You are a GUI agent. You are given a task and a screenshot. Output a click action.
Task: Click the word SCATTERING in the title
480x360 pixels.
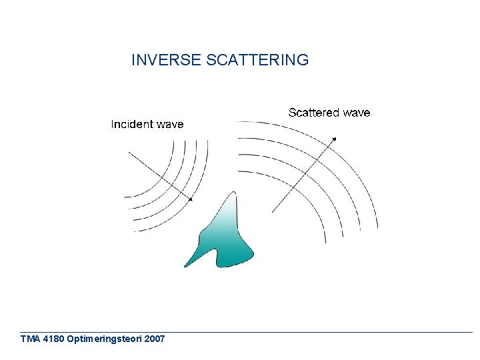pyautogui.click(x=258, y=60)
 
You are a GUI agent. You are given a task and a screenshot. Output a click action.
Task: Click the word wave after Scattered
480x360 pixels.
pyautogui.click(x=357, y=113)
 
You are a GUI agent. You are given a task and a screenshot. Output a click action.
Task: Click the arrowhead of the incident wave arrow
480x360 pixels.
pyautogui.click(x=191, y=199)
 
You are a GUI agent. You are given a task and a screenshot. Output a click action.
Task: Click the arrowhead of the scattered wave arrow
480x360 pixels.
pyautogui.click(x=335, y=138)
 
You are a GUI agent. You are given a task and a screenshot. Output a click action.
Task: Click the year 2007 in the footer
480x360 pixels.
pyautogui.click(x=154, y=339)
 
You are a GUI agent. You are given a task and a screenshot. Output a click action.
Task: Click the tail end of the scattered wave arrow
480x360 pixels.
pyautogui.click(x=273, y=212)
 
